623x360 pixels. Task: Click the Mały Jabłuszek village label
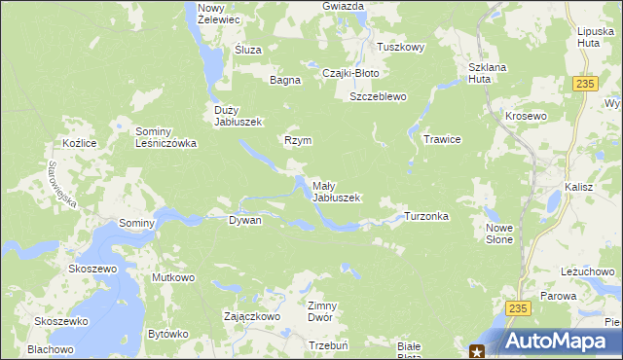point(336,191)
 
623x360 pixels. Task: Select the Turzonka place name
point(426,216)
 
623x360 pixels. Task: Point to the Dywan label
point(244,221)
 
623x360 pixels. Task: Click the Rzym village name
point(298,140)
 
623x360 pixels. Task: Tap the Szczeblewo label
point(378,97)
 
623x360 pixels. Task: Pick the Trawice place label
point(441,139)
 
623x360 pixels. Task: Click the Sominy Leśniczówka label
point(166,137)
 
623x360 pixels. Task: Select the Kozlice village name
point(77,143)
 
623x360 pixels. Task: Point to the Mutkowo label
point(173,277)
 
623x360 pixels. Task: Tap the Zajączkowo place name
point(252,316)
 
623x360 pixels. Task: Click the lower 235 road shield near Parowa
point(518,307)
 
